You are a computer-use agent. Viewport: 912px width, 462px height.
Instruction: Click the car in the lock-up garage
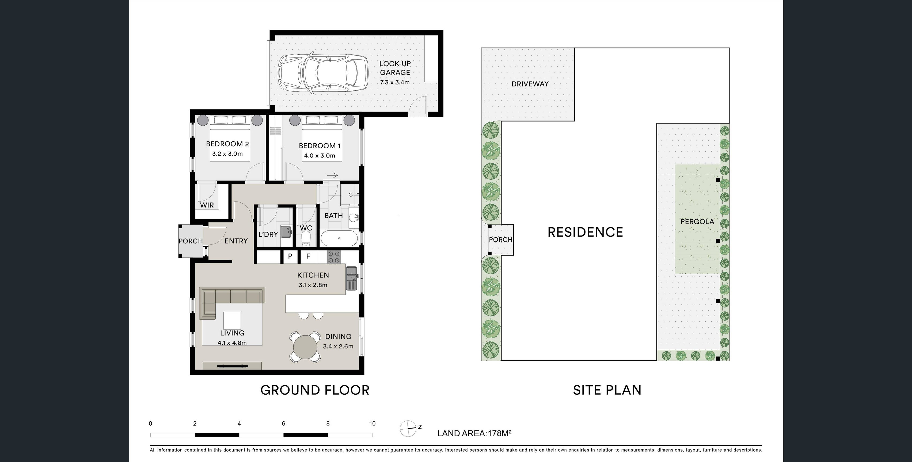tap(323, 74)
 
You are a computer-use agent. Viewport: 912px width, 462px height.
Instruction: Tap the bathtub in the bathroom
tap(339, 238)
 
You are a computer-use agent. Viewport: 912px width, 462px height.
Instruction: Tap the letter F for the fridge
tap(308, 256)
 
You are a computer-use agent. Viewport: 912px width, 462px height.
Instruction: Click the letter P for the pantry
tap(290, 256)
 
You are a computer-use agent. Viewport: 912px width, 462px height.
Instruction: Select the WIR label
tap(207, 205)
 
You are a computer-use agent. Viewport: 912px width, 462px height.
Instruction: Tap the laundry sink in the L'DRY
tap(286, 232)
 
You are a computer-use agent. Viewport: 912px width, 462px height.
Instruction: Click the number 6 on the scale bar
tap(284, 423)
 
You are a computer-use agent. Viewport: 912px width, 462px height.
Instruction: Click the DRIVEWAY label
tap(530, 84)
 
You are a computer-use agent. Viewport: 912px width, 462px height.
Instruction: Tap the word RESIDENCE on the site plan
tap(585, 232)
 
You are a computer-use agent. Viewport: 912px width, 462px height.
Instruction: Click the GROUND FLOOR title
tap(315, 390)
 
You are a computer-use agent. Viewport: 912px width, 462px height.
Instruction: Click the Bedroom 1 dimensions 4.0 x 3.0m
tap(319, 155)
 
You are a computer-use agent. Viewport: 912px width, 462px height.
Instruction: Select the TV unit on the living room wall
tap(232, 366)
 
